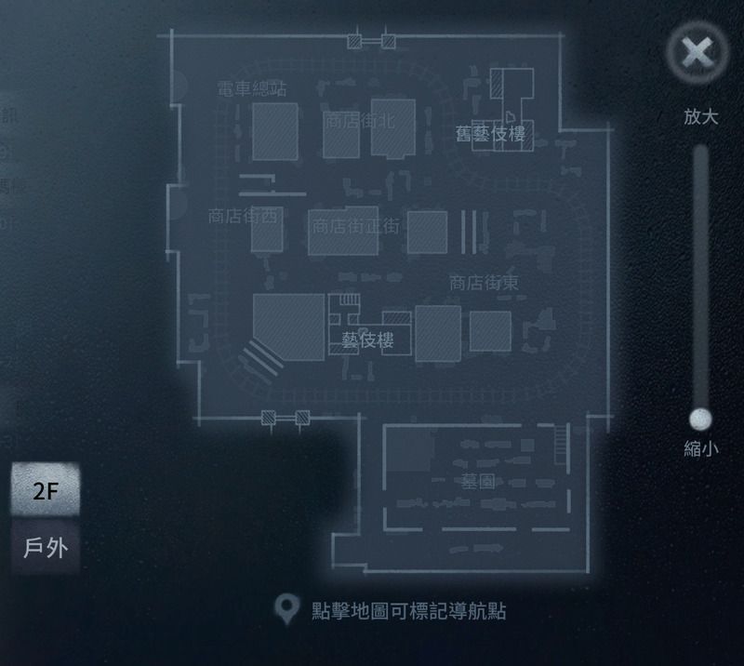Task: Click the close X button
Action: (x=697, y=52)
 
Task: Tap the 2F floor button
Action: (x=45, y=491)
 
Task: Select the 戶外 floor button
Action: (x=45, y=547)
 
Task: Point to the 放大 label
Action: (x=700, y=116)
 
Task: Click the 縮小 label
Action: (x=700, y=448)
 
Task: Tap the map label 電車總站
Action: (x=251, y=89)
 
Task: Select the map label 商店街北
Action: (x=359, y=120)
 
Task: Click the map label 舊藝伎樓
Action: (x=490, y=134)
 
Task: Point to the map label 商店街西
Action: (x=243, y=216)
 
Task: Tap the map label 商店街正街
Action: (x=355, y=225)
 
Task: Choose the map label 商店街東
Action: (x=484, y=283)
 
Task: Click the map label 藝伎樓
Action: (x=367, y=340)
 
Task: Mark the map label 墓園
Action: (x=477, y=481)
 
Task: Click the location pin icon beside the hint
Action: (x=286, y=610)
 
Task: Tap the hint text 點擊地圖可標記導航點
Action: (x=409, y=611)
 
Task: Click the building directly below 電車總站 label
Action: (x=275, y=131)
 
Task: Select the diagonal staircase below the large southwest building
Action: (x=261, y=357)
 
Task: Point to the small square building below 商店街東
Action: (x=490, y=331)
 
